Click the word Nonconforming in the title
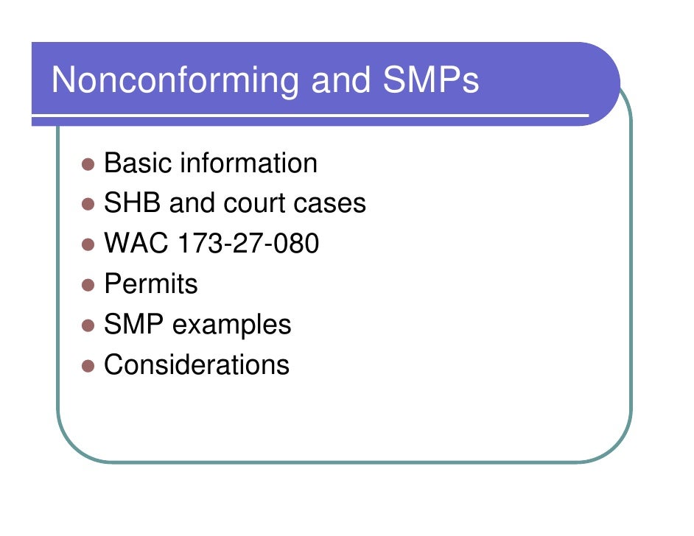coord(175,81)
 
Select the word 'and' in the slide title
coord(337,81)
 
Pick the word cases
coord(331,204)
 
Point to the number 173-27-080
coord(246,244)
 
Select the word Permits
coord(151,284)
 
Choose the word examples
coord(232,325)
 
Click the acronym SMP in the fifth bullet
coord(133,325)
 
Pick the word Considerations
coord(197,365)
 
